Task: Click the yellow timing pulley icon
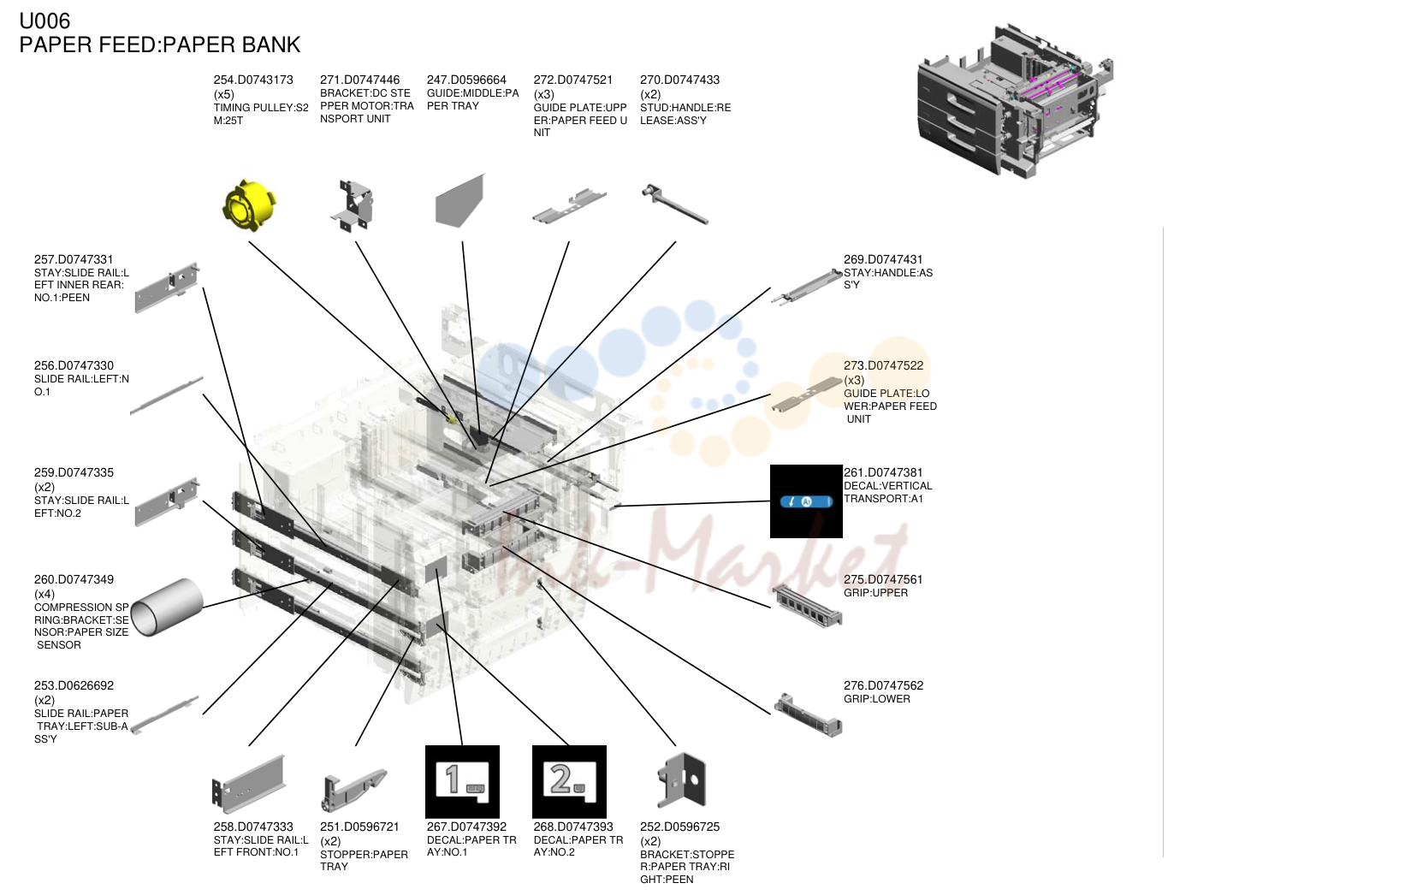(x=249, y=205)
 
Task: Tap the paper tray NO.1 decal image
(x=462, y=782)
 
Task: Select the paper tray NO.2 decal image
(x=569, y=782)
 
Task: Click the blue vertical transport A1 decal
(x=806, y=501)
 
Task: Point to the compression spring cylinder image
(x=167, y=607)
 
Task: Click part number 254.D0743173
(x=253, y=80)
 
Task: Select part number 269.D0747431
(x=883, y=259)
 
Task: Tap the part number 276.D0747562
(x=883, y=685)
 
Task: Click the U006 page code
(x=44, y=21)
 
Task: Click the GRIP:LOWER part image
(x=808, y=715)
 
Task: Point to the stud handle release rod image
(x=674, y=204)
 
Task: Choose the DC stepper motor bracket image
(x=353, y=205)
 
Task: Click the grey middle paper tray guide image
(x=460, y=201)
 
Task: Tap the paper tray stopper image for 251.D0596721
(x=353, y=790)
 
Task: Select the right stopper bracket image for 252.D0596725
(x=681, y=780)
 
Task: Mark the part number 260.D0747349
(x=74, y=579)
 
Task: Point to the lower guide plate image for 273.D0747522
(x=807, y=395)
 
